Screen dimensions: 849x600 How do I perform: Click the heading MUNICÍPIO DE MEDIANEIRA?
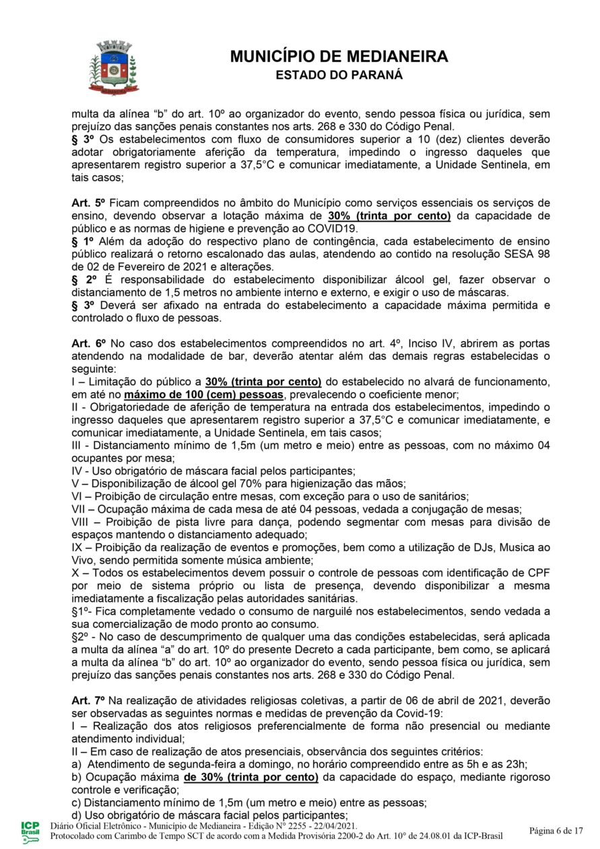point(339,57)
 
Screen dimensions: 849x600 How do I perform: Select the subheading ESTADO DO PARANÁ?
point(339,75)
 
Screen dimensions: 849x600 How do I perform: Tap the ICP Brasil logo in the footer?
point(30,830)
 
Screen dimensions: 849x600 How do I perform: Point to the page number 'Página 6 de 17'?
point(556,830)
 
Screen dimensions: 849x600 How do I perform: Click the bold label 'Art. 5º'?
point(88,203)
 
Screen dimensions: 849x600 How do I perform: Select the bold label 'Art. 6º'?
point(88,343)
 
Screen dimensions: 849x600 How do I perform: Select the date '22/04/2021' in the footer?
point(334,826)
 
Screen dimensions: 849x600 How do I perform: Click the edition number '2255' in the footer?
point(293,826)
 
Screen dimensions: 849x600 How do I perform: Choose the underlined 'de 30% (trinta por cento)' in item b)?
point(251,777)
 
